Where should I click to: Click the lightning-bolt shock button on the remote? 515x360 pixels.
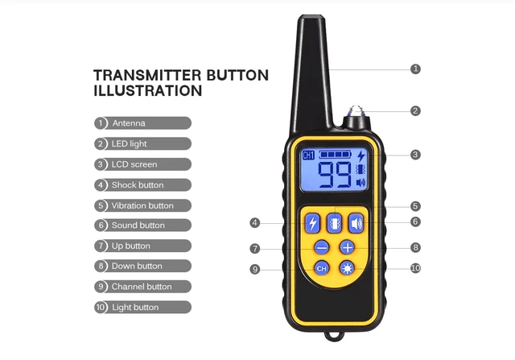pyautogui.click(x=312, y=224)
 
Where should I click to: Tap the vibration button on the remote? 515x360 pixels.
pyautogui.click(x=334, y=224)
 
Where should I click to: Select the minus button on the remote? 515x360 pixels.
pyautogui.click(x=321, y=247)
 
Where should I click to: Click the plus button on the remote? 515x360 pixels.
pyautogui.click(x=347, y=247)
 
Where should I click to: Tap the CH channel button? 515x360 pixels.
pyautogui.click(x=321, y=268)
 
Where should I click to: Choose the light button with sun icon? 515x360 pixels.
pyautogui.click(x=347, y=268)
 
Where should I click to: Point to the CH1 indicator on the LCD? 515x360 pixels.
pyautogui.click(x=308, y=155)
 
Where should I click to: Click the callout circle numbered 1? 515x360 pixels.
pyautogui.click(x=415, y=69)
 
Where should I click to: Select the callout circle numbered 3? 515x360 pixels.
pyautogui.click(x=415, y=155)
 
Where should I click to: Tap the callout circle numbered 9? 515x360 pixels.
pyautogui.click(x=255, y=269)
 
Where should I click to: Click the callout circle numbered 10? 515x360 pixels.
pyautogui.click(x=415, y=268)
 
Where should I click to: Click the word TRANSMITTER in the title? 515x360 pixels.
pyautogui.click(x=148, y=76)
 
